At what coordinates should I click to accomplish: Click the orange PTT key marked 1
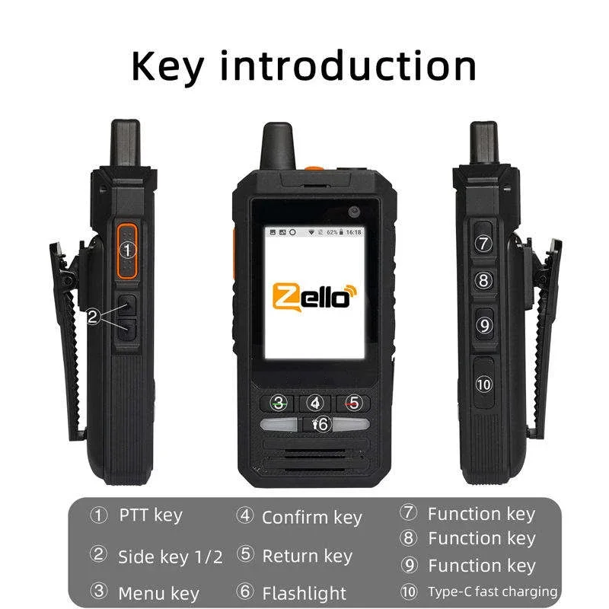point(127,249)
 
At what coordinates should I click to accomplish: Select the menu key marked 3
point(280,403)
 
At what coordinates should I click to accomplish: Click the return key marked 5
point(316,403)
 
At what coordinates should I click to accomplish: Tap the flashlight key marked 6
point(352,403)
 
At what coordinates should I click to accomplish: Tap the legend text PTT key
point(151,515)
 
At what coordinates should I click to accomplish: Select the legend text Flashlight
point(304,593)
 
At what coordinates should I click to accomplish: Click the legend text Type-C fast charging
point(492,591)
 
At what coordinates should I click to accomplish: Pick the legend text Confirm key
point(311,518)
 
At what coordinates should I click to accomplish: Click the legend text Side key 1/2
point(170,556)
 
